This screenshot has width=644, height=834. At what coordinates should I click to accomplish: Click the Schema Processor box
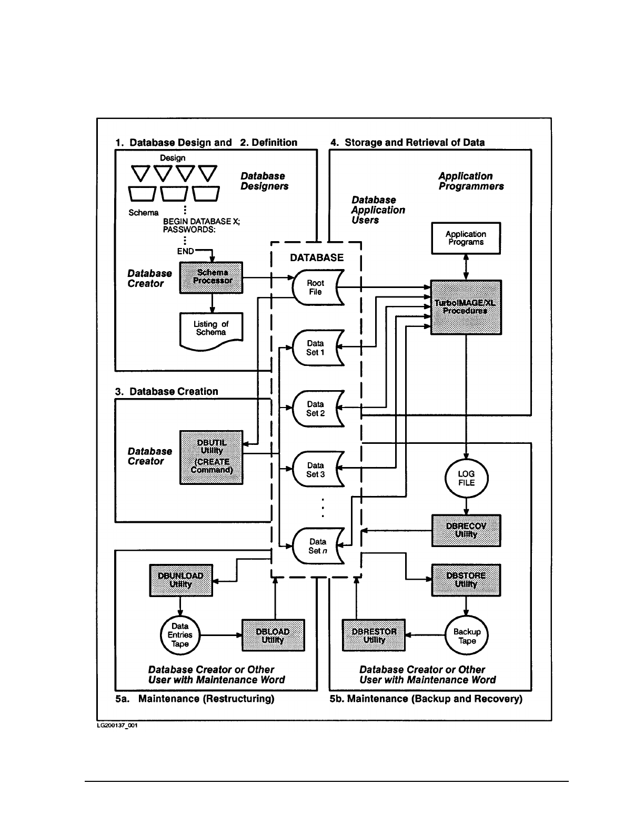coord(212,277)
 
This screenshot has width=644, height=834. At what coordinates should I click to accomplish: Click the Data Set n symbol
coord(317,546)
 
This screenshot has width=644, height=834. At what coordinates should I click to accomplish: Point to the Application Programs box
coord(466,238)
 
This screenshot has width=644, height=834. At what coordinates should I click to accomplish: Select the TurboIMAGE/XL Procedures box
coord(466,307)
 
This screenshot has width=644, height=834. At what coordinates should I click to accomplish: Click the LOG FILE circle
coord(466,478)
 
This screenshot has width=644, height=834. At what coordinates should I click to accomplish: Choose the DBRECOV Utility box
coord(466,530)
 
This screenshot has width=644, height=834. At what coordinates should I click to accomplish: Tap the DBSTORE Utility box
coord(466,580)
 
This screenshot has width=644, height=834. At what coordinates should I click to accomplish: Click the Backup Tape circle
coord(467,636)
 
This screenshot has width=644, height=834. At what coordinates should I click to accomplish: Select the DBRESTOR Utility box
coord(374,636)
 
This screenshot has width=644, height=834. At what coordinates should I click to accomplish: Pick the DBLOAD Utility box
coord(273,636)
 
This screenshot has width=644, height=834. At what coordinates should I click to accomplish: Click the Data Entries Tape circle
coord(180,635)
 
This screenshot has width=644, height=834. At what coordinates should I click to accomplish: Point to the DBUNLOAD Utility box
coord(181,580)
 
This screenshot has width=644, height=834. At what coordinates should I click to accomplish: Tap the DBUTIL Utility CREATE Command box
coord(212,457)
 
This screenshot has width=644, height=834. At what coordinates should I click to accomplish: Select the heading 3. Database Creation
coord(166,391)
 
